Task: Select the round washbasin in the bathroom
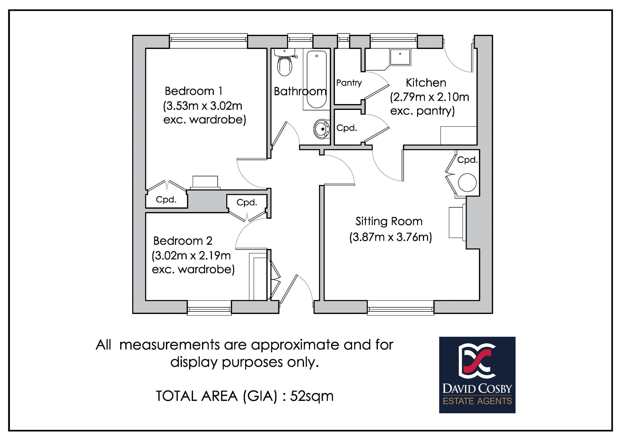pos(322,129)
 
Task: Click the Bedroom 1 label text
pos(193,91)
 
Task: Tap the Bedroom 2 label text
pos(183,241)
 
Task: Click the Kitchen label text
pos(426,83)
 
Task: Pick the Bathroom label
pos(300,92)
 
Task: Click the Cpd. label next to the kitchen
pos(347,128)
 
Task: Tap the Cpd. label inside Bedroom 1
pos(166,200)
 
